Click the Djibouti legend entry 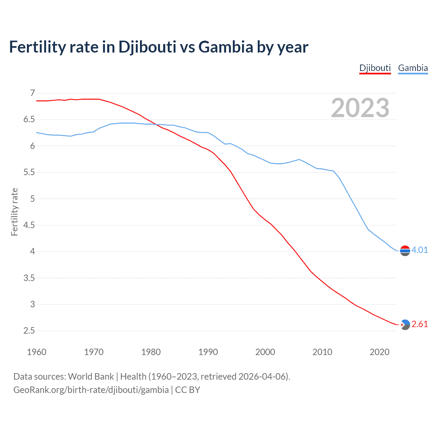coord(375,68)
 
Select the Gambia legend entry coord(413,68)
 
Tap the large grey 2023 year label coord(360,108)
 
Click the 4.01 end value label coord(420,250)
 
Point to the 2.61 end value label coord(420,324)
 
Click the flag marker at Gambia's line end coord(405,251)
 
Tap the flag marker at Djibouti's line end coord(405,325)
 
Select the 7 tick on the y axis coord(32,93)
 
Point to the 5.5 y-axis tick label coord(29,172)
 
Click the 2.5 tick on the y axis coord(29,330)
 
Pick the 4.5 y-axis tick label coord(29,225)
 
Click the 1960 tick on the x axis coord(37,352)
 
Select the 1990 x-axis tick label coord(208,352)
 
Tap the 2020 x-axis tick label coord(379,352)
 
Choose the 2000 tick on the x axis coord(265,352)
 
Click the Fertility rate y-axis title coord(14,212)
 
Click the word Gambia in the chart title coord(226,47)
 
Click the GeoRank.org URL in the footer coord(91,390)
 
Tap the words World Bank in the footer coord(91,377)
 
